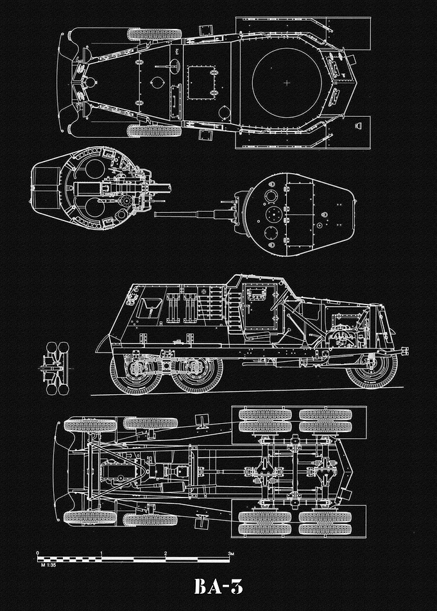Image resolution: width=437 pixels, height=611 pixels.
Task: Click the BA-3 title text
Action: (218, 586)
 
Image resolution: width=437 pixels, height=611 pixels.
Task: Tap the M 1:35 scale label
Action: (48, 565)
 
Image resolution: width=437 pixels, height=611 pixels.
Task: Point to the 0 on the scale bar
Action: (37, 553)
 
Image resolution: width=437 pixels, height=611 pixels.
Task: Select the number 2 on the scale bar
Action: (166, 553)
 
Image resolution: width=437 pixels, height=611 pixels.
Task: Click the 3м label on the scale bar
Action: (231, 553)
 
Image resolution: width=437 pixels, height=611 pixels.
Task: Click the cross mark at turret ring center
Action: (287, 83)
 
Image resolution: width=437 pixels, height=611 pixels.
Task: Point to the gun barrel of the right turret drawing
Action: (184, 214)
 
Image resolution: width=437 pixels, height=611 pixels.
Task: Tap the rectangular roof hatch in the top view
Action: (202, 83)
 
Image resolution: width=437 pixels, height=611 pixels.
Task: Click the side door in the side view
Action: (259, 306)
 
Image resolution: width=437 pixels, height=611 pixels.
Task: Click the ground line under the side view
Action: (247, 391)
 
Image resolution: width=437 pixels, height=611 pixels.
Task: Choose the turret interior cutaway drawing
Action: (101, 188)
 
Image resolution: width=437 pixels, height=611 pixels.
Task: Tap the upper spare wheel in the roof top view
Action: (154, 34)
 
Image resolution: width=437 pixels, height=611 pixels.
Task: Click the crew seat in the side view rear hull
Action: (150, 308)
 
